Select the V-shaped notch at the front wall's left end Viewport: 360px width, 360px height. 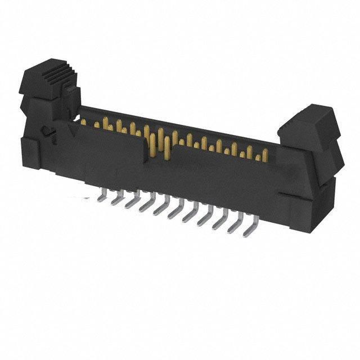(x=73, y=129)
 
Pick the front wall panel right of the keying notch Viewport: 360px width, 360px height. (x=225, y=180)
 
